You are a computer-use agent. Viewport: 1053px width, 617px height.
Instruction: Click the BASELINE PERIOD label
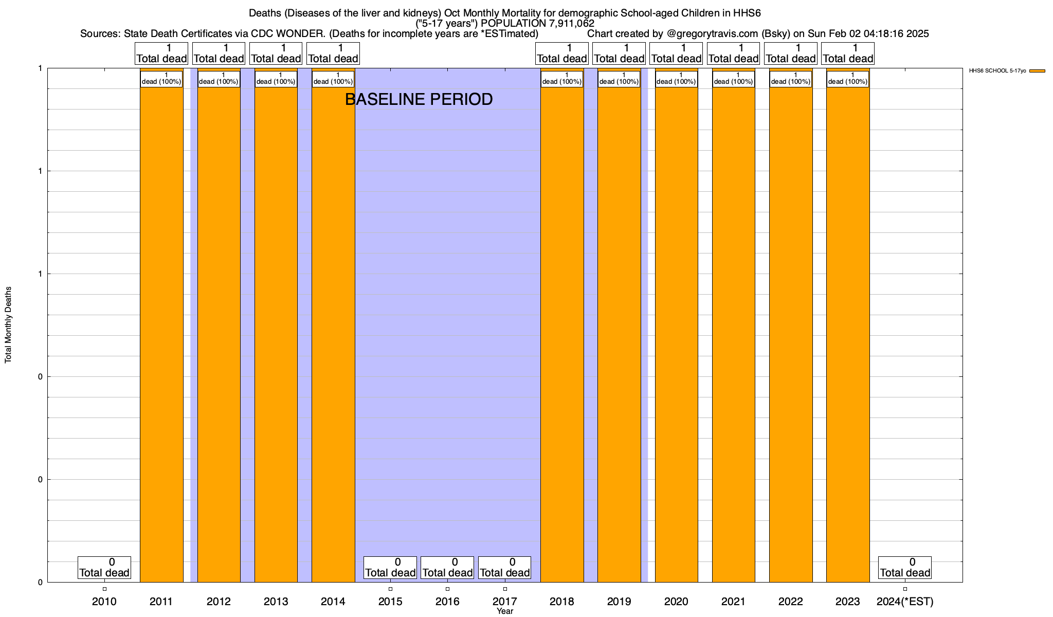pos(419,99)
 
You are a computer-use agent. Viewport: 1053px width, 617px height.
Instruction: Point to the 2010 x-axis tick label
pos(104,601)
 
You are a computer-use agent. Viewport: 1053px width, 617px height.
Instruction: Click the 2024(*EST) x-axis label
pos(905,601)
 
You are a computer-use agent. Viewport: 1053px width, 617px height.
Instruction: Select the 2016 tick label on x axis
pos(447,601)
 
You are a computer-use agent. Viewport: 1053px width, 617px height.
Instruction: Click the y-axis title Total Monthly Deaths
pos(8,325)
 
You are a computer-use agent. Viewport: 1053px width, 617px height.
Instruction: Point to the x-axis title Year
pos(505,611)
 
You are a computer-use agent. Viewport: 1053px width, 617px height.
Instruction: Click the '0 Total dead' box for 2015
pos(390,568)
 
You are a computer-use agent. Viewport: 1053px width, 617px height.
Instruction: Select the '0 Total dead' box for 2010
pos(104,568)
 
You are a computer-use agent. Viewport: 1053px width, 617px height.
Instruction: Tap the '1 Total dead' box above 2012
pos(219,53)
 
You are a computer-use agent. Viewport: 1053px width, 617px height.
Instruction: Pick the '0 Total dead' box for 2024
pos(905,568)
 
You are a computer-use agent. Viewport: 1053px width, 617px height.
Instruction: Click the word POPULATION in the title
pos(510,23)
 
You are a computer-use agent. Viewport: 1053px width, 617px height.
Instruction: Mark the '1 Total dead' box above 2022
pos(791,53)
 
